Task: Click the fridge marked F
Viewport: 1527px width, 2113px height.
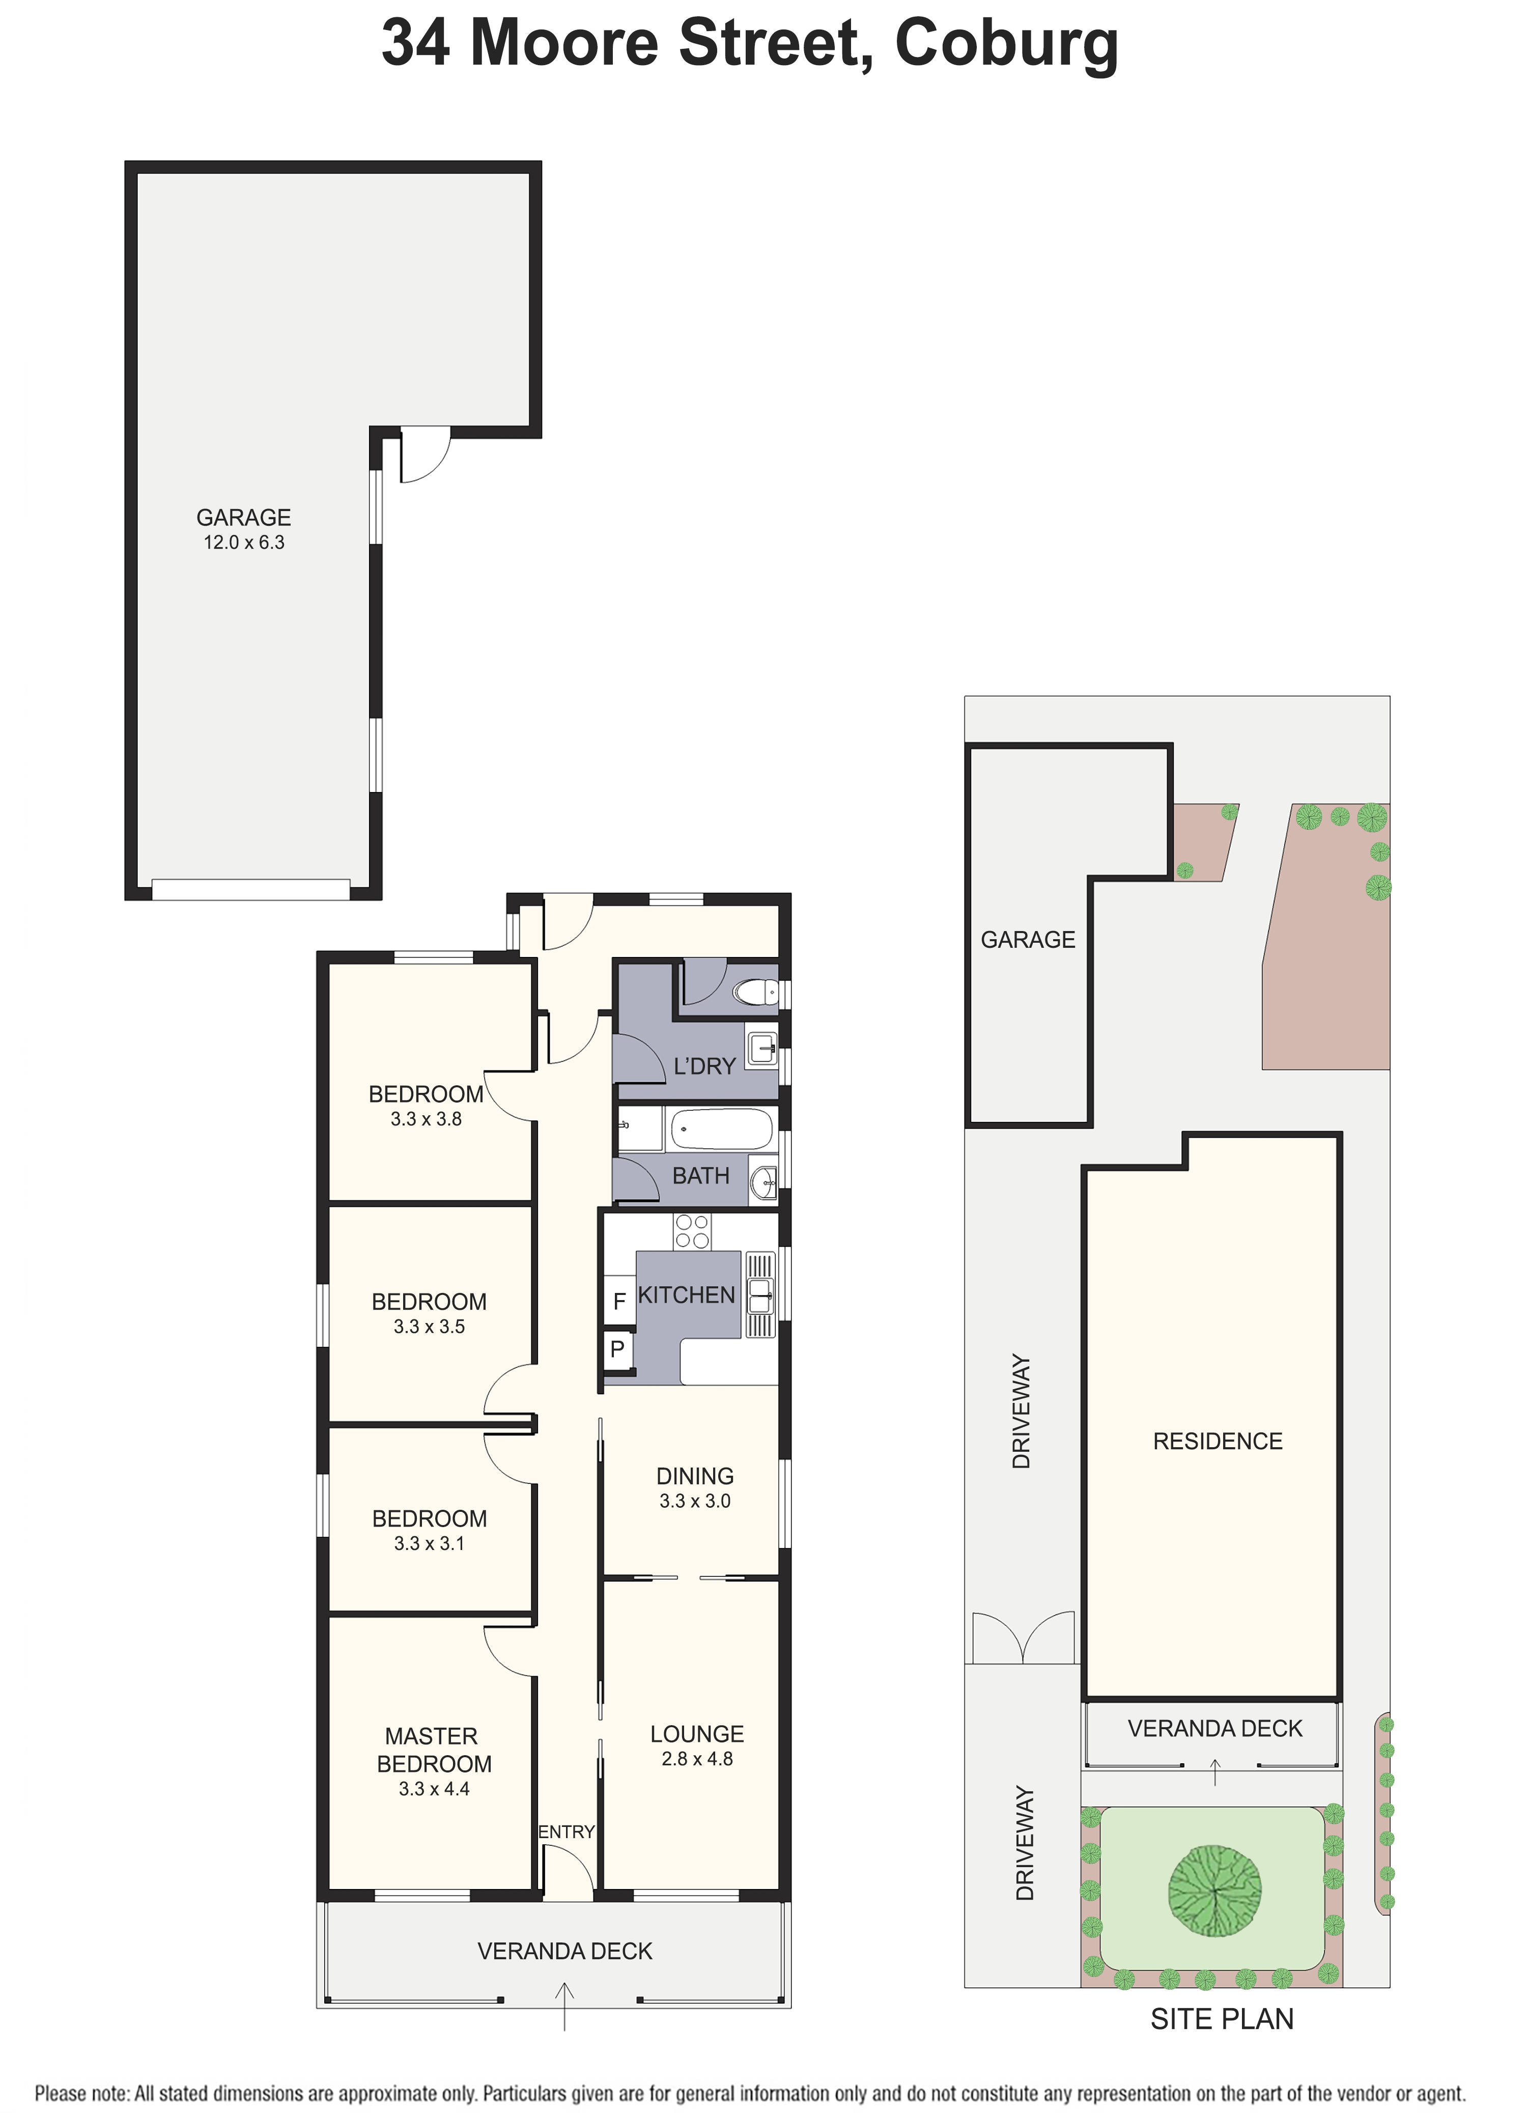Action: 618,1302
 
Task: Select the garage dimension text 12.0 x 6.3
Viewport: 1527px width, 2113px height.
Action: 244,542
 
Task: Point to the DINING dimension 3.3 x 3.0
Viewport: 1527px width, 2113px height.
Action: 695,1501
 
